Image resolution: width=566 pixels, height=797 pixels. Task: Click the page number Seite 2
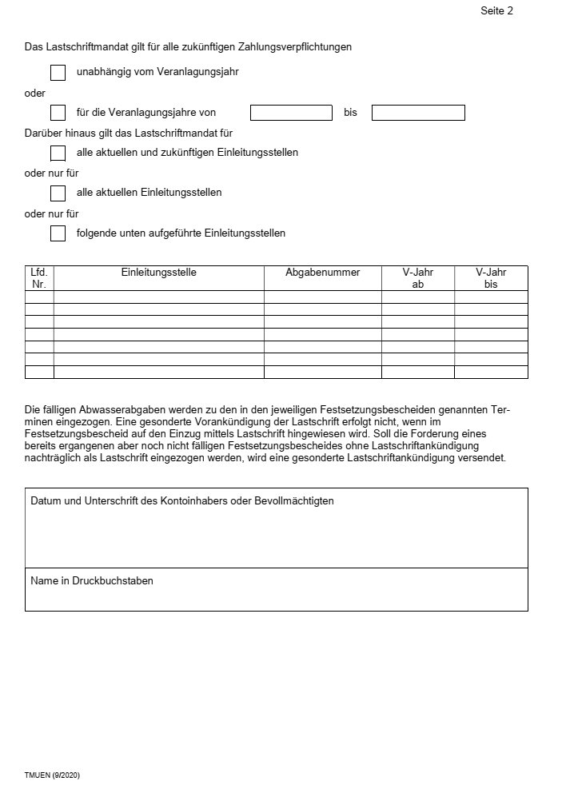496,11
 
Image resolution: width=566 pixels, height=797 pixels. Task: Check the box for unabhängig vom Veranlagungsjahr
58,73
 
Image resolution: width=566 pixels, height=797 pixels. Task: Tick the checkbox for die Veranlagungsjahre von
58,113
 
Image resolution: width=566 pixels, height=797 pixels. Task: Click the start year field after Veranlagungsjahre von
291,113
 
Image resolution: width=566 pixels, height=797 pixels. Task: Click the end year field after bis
418,113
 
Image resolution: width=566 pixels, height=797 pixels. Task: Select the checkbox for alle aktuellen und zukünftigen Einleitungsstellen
58,153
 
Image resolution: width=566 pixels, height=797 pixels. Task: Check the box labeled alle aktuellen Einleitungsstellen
58,193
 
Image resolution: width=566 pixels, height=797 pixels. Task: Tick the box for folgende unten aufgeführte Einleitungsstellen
58,233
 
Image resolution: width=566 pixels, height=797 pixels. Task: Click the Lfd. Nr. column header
39,278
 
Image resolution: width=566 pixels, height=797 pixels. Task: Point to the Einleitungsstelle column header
159,273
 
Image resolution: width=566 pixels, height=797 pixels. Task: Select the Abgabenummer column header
323,273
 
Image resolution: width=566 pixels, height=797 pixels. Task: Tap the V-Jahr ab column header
418,278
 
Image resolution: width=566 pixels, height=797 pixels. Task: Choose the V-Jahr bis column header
491,278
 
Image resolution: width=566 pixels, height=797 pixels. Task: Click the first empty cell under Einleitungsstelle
159,297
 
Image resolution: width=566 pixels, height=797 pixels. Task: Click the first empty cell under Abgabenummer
323,297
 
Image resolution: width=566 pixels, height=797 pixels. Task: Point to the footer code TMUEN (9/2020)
52,776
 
